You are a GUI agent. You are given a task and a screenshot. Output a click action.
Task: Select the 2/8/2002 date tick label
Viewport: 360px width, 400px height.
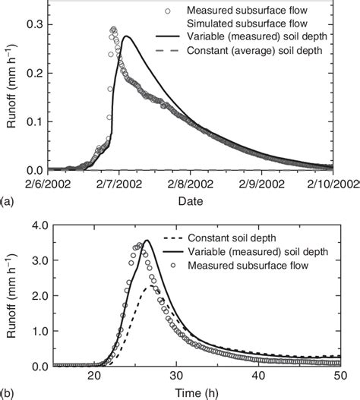191,184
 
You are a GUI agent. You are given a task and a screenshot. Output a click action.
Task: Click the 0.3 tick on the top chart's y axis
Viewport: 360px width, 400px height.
35,25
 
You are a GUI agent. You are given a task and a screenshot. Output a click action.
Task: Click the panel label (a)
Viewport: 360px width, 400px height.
7,202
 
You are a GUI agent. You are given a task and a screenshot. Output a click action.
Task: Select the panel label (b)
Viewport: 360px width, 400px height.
7,394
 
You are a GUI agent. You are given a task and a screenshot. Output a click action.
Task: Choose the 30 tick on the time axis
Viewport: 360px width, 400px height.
176,377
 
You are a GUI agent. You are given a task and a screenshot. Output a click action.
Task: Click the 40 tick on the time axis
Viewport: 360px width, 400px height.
258,377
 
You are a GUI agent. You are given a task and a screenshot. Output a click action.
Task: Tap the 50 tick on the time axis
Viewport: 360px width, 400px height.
339,377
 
